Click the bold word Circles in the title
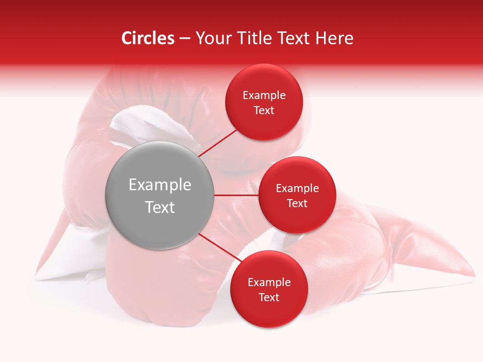tap(147, 38)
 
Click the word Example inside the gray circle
tap(160, 185)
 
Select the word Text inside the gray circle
tap(160, 207)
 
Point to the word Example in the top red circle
tap(264, 96)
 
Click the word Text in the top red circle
tap(264, 110)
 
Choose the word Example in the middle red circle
tap(297, 189)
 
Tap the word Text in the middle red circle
tap(297, 203)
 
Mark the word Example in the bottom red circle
tap(269, 283)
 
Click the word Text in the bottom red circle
tap(269, 297)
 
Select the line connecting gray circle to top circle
tap(219, 142)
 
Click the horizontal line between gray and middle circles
tap(236, 195)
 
